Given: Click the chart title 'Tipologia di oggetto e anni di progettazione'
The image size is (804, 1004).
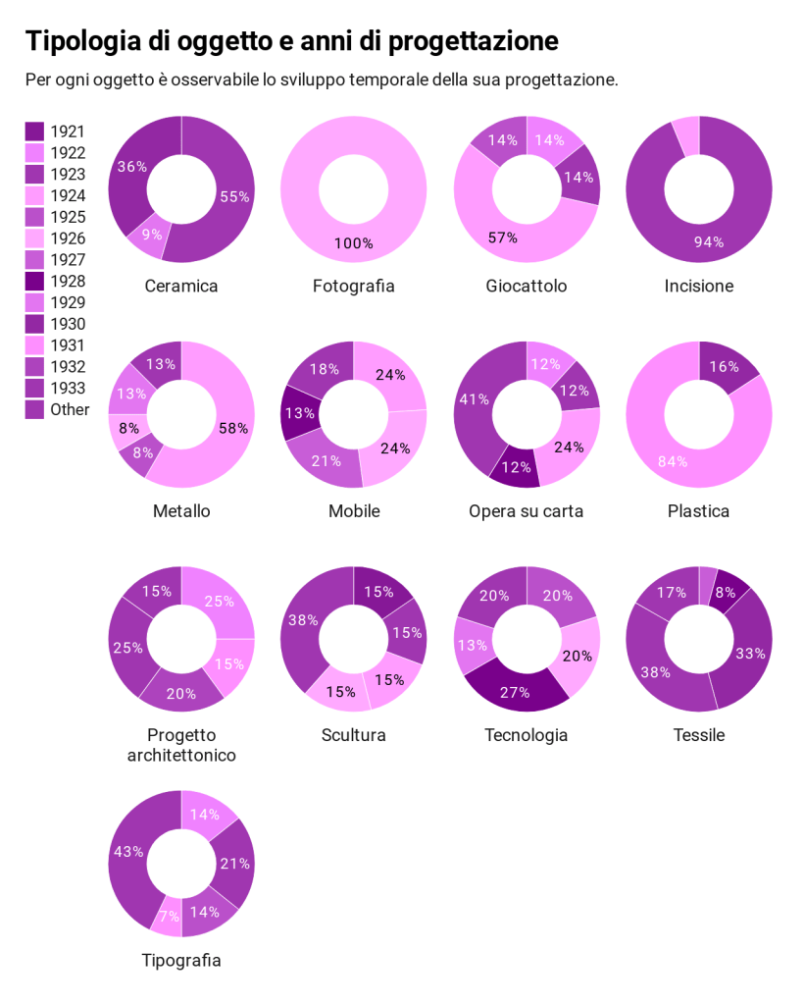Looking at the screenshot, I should (x=291, y=41).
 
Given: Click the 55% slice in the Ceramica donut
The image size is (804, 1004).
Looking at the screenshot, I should (x=233, y=196).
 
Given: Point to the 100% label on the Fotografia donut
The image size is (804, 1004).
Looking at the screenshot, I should (x=353, y=243).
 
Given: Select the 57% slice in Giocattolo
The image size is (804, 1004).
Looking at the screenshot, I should (x=503, y=238).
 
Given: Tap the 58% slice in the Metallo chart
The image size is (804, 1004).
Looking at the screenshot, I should (x=232, y=428).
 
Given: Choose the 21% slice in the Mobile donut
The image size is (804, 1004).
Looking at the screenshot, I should (x=327, y=460).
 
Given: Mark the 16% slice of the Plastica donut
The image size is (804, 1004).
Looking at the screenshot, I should (x=724, y=366).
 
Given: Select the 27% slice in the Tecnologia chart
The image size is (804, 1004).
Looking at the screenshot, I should (x=515, y=690).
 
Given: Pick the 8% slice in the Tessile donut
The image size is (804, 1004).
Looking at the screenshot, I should (x=727, y=593).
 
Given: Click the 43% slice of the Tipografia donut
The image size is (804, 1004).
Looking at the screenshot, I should (x=128, y=852).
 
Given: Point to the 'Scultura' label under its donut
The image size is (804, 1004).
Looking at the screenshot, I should (x=353, y=735).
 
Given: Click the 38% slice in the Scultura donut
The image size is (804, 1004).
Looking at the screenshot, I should (x=303, y=620).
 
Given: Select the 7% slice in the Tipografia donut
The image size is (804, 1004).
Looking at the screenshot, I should (x=169, y=916).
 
